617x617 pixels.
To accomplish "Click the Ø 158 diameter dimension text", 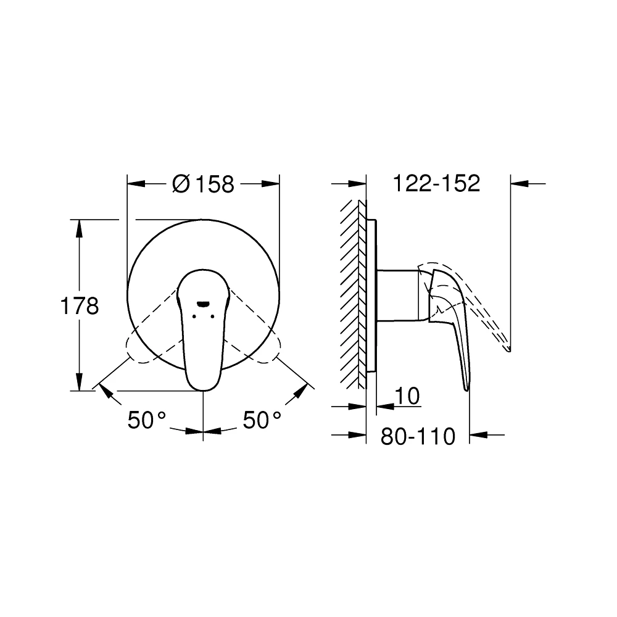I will pyautogui.click(x=204, y=183).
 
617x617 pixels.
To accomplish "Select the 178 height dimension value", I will pyautogui.click(x=79, y=306).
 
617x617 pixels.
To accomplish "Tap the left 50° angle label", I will pyautogui.click(x=147, y=421).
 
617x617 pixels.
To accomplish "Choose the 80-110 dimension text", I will pyautogui.click(x=418, y=436).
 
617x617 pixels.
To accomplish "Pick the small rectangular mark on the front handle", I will pyautogui.click(x=203, y=304).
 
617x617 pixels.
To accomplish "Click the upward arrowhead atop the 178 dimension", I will pyautogui.click(x=79, y=226).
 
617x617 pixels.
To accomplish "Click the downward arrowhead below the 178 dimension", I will pyautogui.click(x=79, y=383).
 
